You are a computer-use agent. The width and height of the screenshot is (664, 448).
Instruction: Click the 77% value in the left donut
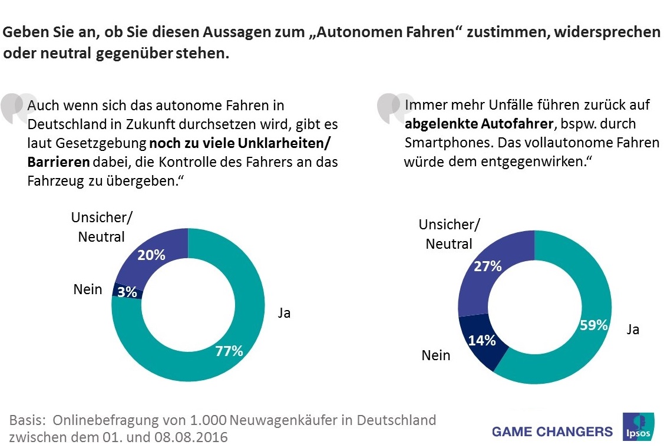(229, 351)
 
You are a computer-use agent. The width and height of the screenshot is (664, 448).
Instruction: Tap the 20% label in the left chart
(151, 255)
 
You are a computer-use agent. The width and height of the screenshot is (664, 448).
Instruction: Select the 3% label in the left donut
(127, 291)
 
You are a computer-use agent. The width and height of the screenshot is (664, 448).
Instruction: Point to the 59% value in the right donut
(593, 324)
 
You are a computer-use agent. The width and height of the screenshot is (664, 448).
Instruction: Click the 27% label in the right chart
(487, 266)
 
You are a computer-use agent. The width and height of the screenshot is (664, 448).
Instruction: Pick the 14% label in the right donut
(481, 340)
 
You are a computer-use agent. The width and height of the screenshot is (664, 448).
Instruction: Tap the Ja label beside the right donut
(633, 330)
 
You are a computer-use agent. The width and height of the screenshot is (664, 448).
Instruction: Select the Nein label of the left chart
(88, 289)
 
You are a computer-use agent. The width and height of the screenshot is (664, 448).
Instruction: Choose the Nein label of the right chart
(436, 355)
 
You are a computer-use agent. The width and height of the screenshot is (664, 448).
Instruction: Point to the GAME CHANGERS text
(552, 431)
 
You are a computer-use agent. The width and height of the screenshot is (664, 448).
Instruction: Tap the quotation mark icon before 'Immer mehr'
(391, 108)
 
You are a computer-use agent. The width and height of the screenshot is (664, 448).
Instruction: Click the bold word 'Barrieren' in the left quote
(58, 162)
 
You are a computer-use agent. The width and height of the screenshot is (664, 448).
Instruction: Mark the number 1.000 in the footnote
(207, 421)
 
